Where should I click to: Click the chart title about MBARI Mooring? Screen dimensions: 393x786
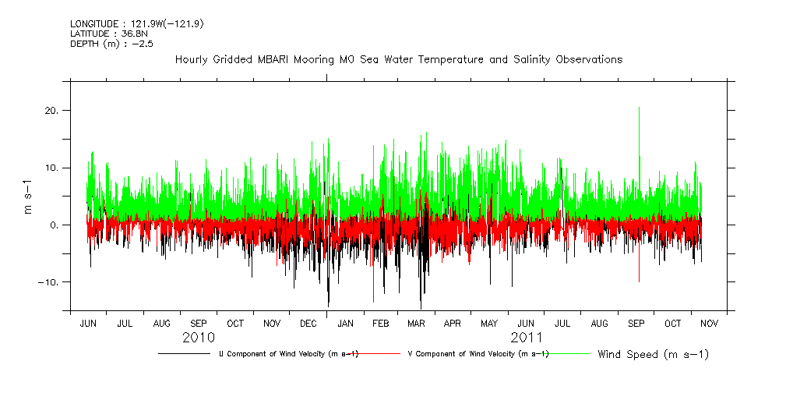click(398, 59)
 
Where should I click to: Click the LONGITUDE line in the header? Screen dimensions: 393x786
click(137, 23)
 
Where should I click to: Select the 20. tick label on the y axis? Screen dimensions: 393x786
click(52, 111)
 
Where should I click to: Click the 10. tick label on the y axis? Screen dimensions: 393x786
click(52, 168)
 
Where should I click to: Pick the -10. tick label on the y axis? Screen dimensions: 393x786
click(49, 281)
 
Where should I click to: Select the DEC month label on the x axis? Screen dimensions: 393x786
click(308, 323)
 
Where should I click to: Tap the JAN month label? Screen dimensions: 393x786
click(345, 323)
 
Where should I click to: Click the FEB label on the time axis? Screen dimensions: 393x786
click(380, 323)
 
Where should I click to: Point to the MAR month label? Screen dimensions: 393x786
click(416, 323)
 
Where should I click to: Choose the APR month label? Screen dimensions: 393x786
click(453, 323)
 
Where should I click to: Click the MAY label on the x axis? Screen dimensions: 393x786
click(489, 323)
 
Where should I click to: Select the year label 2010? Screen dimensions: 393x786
click(199, 338)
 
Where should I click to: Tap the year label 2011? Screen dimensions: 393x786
click(527, 338)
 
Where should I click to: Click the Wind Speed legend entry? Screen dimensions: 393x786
click(653, 354)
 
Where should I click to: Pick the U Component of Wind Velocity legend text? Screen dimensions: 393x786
click(288, 354)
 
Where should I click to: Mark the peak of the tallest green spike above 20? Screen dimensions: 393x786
click(640, 108)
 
